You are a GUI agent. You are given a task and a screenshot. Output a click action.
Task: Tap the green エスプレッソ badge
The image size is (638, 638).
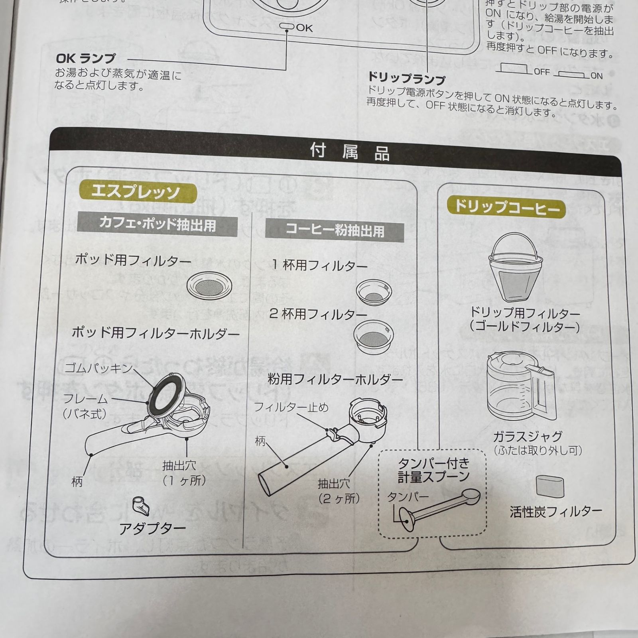click(x=136, y=193)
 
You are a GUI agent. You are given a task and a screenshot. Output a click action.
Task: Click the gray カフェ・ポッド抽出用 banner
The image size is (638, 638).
click(x=158, y=224)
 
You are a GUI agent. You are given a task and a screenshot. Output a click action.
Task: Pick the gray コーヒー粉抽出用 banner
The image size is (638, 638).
click(x=335, y=230)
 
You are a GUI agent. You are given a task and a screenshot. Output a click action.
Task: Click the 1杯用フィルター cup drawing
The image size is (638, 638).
click(x=374, y=292)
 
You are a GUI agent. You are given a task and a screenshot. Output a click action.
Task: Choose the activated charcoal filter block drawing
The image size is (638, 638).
click(x=550, y=486)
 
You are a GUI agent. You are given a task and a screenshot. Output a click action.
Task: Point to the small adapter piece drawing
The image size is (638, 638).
click(x=141, y=506)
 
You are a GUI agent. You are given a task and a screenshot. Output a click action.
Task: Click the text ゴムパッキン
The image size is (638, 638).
click(x=98, y=368)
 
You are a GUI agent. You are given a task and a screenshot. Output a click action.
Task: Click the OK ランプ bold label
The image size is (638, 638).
click(x=85, y=59)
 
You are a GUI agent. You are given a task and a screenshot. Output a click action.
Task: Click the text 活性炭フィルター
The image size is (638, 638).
click(x=556, y=512)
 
